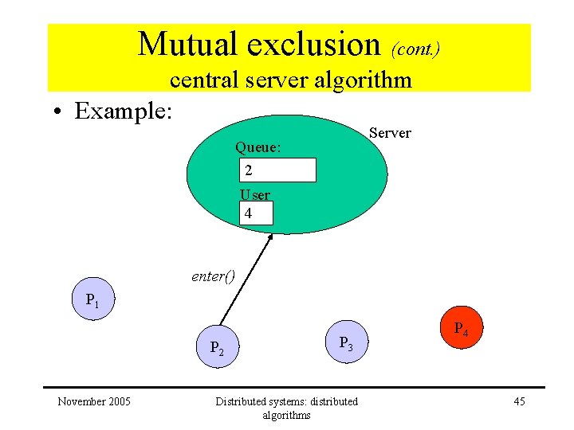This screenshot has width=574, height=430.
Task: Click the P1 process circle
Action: coord(94,299)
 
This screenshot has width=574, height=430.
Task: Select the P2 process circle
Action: coord(218,346)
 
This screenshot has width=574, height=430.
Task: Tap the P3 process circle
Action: coord(345,342)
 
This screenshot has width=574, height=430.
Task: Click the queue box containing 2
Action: coord(278,170)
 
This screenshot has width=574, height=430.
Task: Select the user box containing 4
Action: coord(256,213)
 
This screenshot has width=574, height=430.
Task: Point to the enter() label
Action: coord(213,276)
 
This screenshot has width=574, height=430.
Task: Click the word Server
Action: coord(391,133)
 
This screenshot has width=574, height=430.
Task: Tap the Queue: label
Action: coord(258,147)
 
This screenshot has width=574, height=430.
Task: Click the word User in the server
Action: coord(255,195)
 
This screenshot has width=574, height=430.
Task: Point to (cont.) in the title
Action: coord(415,49)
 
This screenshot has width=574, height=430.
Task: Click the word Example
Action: coord(123,111)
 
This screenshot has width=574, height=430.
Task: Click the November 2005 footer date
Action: coord(94,401)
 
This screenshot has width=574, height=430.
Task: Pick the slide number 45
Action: coord(519,401)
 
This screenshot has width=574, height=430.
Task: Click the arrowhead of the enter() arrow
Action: coord(270,237)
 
